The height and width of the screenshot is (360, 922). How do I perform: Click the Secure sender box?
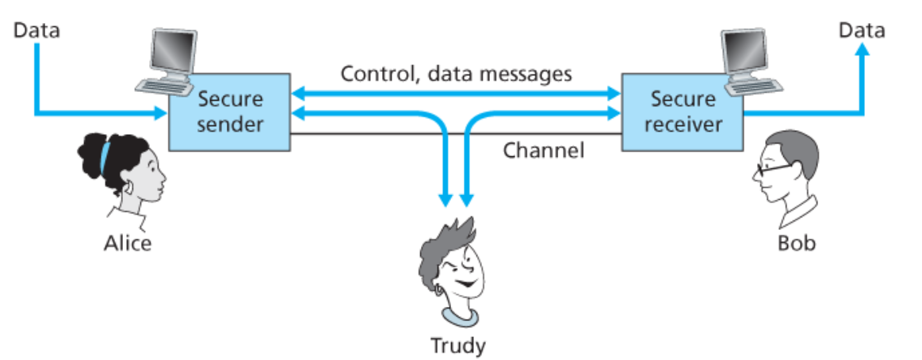click(230, 113)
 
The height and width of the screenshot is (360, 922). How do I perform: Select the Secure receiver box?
click(682, 113)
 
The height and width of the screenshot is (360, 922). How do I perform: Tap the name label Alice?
click(128, 243)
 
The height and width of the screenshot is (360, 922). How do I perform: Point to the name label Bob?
click(795, 243)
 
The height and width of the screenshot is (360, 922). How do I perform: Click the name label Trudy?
click(457, 346)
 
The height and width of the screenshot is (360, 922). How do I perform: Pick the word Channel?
click(543, 150)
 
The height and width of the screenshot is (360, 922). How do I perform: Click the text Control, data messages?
click(456, 75)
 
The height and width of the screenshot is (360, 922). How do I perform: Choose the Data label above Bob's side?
click(862, 31)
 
